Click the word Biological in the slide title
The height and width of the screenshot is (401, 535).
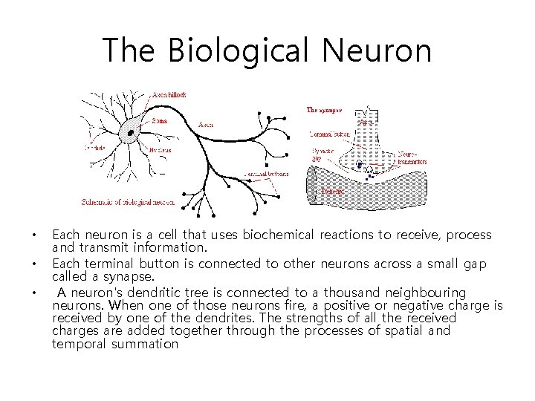[x=231, y=51]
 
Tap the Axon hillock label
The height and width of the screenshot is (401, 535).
[x=169, y=95]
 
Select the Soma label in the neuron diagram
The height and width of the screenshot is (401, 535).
[x=159, y=120]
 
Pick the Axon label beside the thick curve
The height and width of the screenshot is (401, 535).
[x=206, y=125]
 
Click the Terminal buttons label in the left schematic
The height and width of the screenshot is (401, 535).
[x=266, y=174]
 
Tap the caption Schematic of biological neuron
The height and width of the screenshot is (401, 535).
[x=128, y=202]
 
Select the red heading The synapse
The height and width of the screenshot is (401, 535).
[x=325, y=110]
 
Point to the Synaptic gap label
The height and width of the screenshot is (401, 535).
[x=318, y=154]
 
